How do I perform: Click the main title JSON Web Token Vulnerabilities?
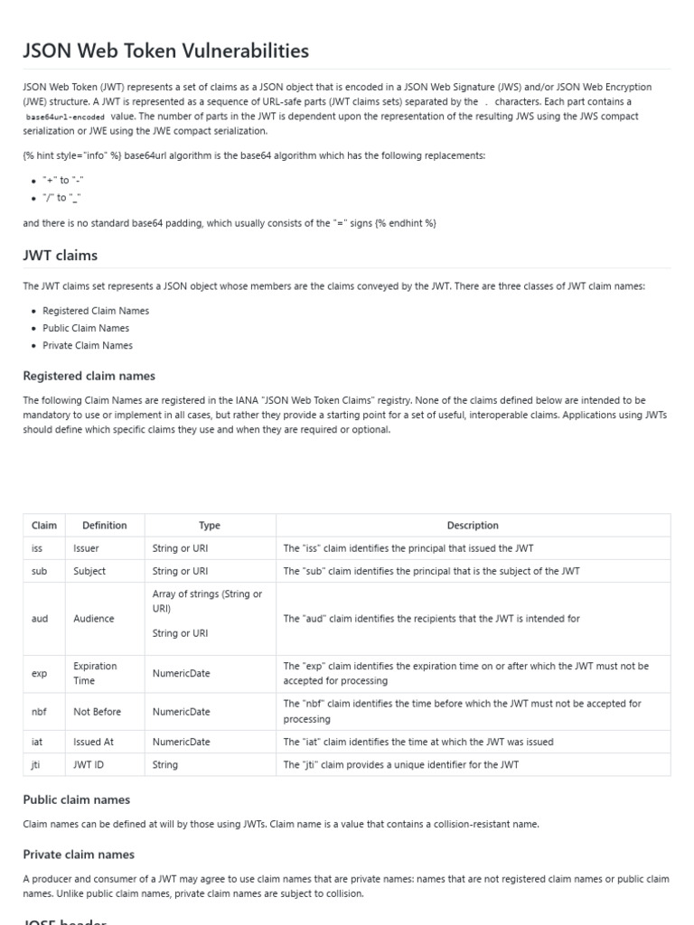point(166,51)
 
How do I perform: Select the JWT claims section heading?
point(61,255)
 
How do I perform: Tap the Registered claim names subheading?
point(89,376)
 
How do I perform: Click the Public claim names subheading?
point(77,799)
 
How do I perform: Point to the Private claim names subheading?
point(80,855)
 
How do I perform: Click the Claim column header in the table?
point(44,525)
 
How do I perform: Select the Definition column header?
point(105,525)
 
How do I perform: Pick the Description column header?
point(473,525)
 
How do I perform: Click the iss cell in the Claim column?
point(38,548)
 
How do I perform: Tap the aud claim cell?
point(40,619)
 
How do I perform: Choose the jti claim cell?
point(37,764)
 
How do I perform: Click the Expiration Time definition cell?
point(96,673)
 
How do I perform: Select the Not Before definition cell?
point(97,712)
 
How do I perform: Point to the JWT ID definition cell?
point(89,764)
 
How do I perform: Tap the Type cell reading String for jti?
point(165,764)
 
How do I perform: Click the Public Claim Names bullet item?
point(86,328)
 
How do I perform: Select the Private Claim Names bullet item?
point(88,345)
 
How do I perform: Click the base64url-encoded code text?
point(65,117)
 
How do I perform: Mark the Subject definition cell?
point(89,571)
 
